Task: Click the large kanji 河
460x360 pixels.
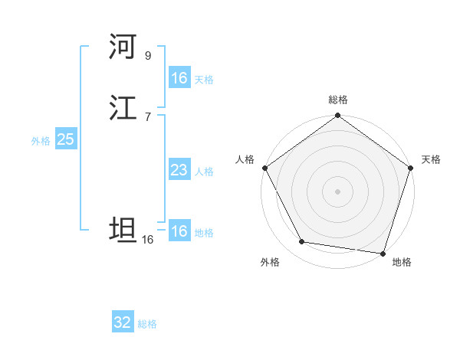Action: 123,47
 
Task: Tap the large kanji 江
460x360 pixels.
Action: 123,108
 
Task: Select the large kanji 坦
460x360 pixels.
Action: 123,230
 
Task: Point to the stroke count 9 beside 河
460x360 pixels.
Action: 148,55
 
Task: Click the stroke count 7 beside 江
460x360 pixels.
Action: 148,116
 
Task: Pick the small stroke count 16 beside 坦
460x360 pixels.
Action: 148,239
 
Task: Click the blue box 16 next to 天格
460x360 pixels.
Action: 179,77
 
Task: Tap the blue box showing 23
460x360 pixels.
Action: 179,170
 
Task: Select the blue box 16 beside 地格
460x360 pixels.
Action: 179,231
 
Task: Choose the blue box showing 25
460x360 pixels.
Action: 65,139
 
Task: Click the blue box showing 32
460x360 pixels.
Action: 123,322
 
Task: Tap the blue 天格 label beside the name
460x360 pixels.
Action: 204,79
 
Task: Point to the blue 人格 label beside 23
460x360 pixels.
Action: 204,172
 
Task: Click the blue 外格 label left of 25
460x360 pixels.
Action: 41,141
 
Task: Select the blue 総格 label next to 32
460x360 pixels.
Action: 148,324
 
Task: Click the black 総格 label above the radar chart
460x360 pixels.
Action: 337,100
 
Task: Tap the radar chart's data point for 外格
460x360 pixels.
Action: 302,242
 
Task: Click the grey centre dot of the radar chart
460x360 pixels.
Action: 337,191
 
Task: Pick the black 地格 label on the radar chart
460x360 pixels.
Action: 402,262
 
